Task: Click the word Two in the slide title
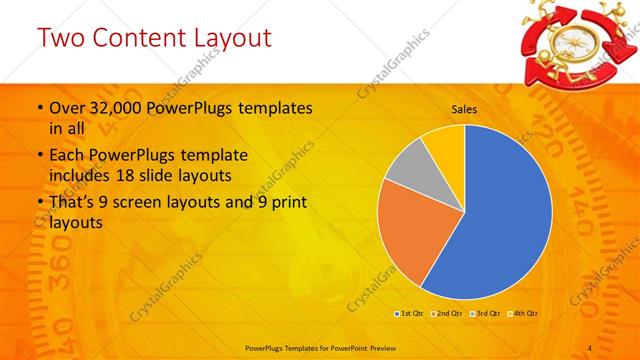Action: coord(61,39)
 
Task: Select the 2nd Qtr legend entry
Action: coord(447,313)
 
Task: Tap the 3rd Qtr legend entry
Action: coord(485,313)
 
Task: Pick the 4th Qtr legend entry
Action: coord(523,313)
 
